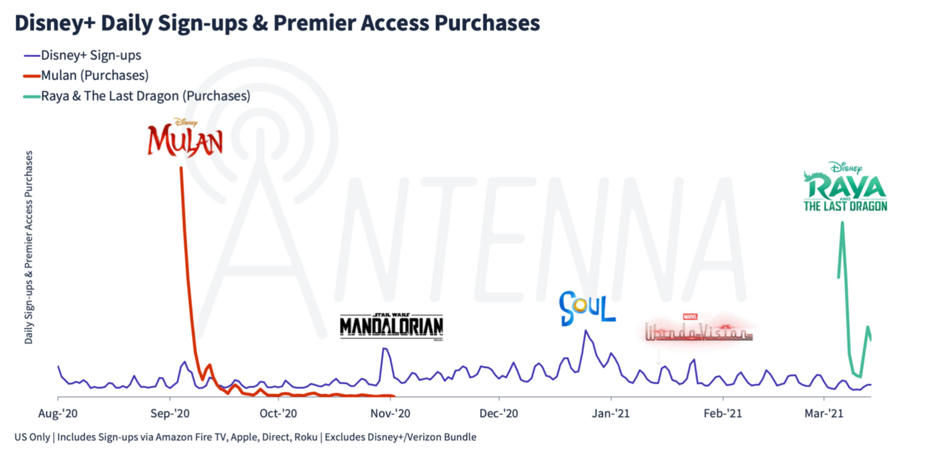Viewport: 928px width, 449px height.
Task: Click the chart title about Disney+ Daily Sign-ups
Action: coord(277,23)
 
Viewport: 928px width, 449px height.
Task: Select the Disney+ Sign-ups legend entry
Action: coord(91,55)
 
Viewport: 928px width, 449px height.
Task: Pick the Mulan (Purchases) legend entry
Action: coord(94,75)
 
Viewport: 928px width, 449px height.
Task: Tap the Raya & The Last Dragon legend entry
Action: coord(145,96)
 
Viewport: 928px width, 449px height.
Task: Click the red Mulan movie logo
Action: coord(185,137)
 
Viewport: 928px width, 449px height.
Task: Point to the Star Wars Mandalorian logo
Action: coord(391,325)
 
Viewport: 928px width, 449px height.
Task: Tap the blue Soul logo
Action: coord(587,309)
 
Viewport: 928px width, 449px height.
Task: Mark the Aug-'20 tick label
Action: coord(58,414)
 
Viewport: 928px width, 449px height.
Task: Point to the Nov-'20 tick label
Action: coord(391,414)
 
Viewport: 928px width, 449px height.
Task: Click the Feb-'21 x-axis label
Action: coord(723,414)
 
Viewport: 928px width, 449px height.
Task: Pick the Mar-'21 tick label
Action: coord(824,414)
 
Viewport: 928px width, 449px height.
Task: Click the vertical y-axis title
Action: coord(29,247)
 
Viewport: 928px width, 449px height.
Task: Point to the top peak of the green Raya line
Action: coord(842,222)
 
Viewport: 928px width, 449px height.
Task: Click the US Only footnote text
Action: coord(245,437)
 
